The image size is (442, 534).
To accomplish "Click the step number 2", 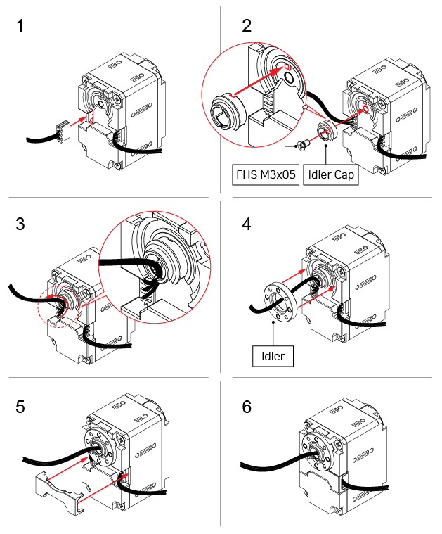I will point(246,27).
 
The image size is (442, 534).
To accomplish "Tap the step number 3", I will point(20,224).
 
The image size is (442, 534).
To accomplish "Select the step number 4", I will point(246,224).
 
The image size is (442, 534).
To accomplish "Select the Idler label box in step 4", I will point(273,356).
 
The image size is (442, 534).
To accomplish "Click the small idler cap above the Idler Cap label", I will point(327,131).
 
